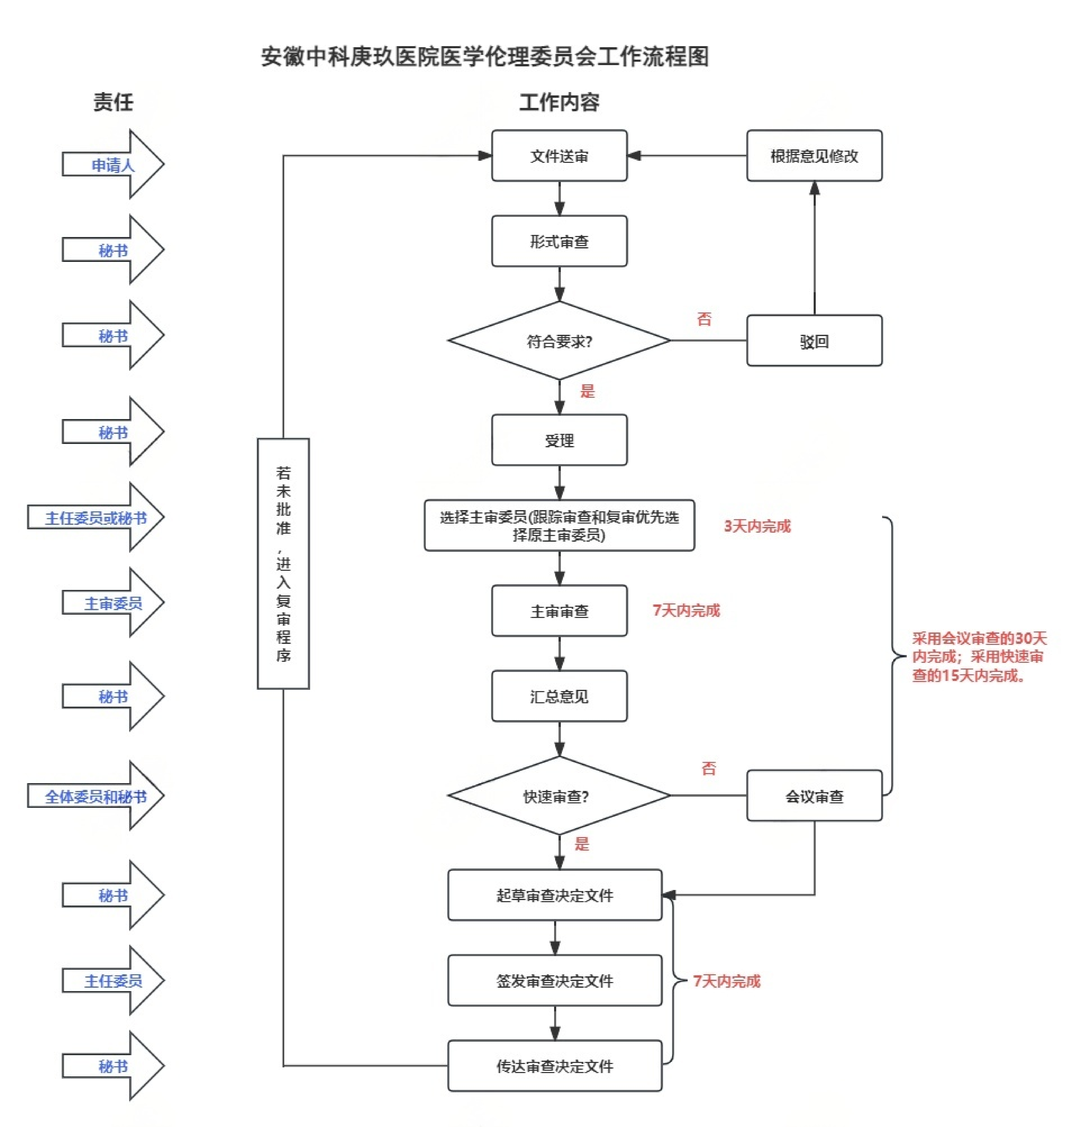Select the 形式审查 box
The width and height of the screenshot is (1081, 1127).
(559, 241)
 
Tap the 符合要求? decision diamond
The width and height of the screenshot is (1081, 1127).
(559, 341)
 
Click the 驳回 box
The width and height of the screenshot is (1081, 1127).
(814, 341)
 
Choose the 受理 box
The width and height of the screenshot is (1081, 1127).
(559, 440)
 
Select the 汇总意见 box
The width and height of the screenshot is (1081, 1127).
(559, 696)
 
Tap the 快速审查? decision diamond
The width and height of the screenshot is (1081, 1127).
(559, 796)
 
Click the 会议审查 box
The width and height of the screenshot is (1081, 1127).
(814, 796)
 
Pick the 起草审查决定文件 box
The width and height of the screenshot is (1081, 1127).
(555, 895)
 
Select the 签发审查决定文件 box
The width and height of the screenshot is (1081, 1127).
(555, 981)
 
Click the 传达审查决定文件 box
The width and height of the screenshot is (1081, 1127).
(555, 1066)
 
